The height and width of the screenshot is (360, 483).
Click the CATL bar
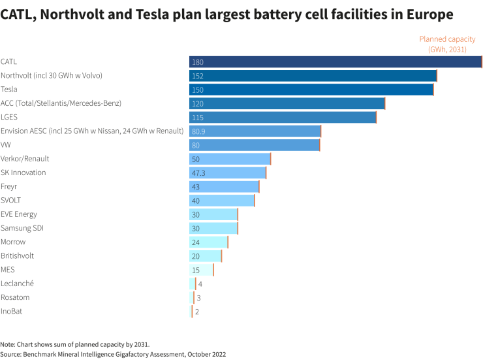click(335, 61)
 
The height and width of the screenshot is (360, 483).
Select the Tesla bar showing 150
click(311, 90)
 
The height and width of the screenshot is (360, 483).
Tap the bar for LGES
click(283, 117)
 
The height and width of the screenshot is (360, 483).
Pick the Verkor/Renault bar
click(230, 159)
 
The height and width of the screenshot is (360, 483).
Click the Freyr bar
click(224, 187)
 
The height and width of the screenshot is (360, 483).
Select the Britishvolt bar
click(206, 256)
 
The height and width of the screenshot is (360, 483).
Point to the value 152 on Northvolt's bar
click(198, 76)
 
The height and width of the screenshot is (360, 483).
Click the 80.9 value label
click(199, 131)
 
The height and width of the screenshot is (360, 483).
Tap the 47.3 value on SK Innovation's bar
click(199, 173)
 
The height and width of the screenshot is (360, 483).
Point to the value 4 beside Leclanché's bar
click(200, 284)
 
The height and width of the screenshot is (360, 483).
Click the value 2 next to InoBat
click(197, 312)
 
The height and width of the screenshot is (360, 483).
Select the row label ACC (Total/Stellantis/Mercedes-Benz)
click(61, 103)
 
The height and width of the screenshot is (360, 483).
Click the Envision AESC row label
click(92, 131)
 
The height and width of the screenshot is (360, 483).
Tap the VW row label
click(6, 144)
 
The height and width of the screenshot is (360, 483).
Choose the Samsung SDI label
click(22, 228)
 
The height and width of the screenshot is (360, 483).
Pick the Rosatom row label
click(15, 297)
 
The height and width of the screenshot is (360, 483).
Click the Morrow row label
click(14, 242)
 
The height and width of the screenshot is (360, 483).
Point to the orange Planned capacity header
click(447, 44)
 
